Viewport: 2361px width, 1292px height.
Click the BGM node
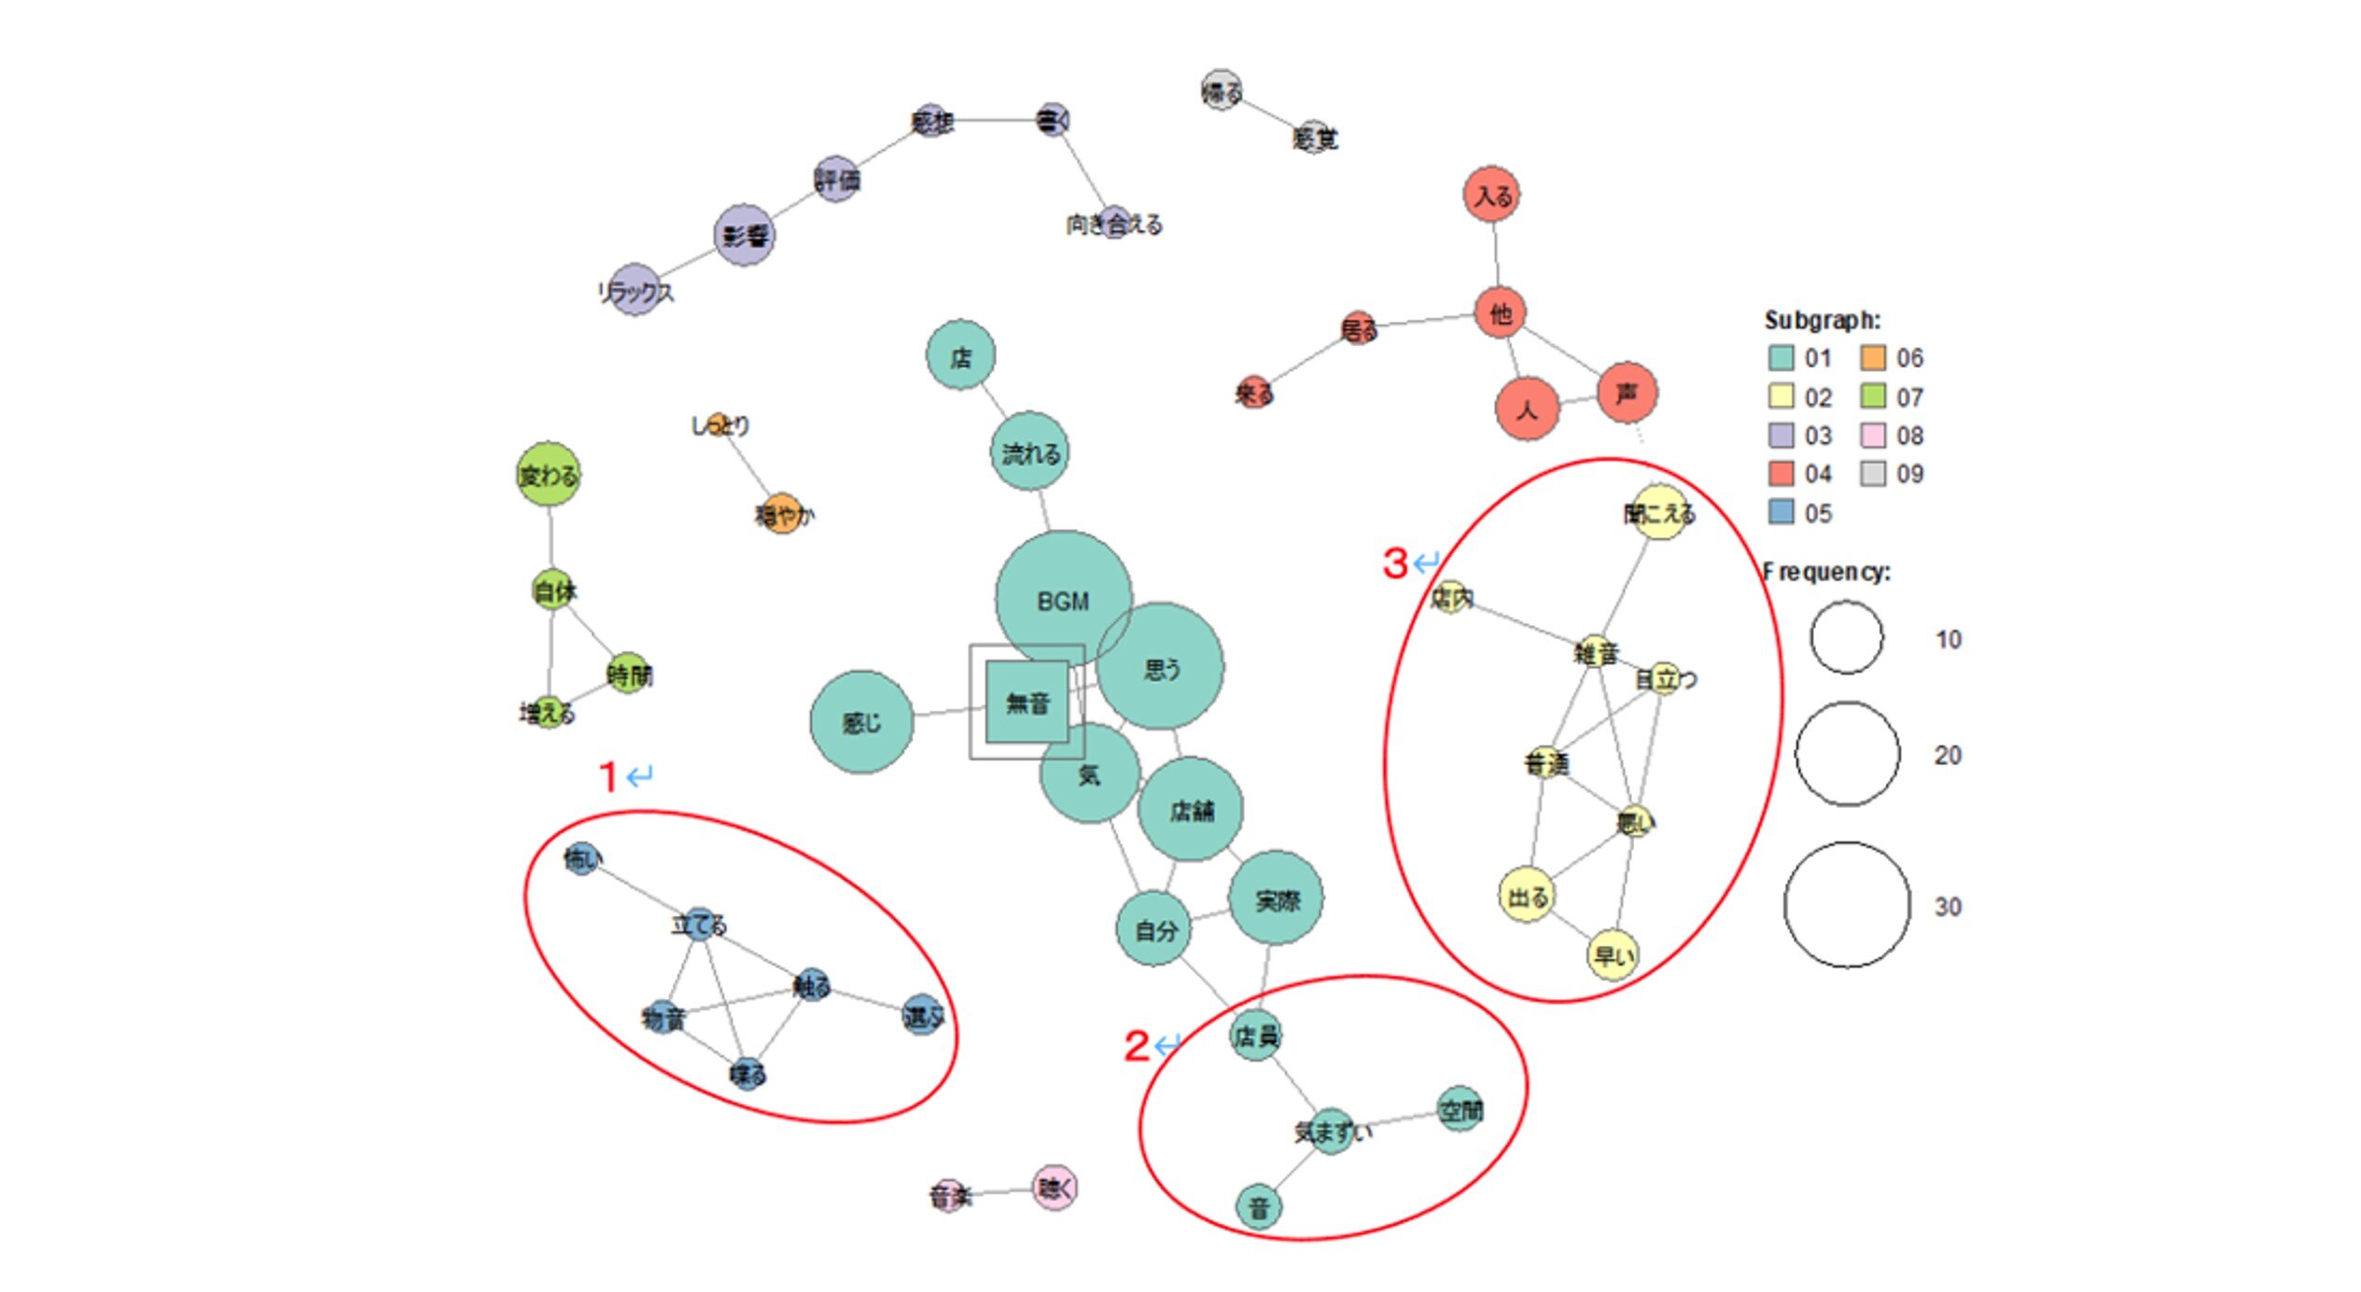coord(1063,600)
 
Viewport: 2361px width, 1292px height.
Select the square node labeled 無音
coord(1027,702)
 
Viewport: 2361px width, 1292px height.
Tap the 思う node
coord(1160,667)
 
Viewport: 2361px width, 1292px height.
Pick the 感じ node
coord(861,722)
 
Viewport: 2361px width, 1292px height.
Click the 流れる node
coord(1029,453)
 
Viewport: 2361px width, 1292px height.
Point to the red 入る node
coord(1492,196)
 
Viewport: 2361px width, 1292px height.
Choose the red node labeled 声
coord(1627,393)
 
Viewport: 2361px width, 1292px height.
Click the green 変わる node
coord(549,475)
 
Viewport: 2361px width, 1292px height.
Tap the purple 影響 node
coord(744,235)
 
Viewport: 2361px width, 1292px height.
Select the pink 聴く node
coord(1055,1188)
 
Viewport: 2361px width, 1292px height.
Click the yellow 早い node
coord(1613,955)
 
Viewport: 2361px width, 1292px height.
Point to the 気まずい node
coord(1332,1132)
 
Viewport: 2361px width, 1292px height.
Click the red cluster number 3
coord(1395,563)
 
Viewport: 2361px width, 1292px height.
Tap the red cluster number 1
coord(608,776)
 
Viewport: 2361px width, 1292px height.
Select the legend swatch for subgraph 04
coord(1781,474)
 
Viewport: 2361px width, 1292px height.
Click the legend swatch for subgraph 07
coord(1872,396)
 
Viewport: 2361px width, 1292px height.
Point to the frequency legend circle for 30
coord(1847,905)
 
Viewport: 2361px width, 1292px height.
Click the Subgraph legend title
coord(1822,320)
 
